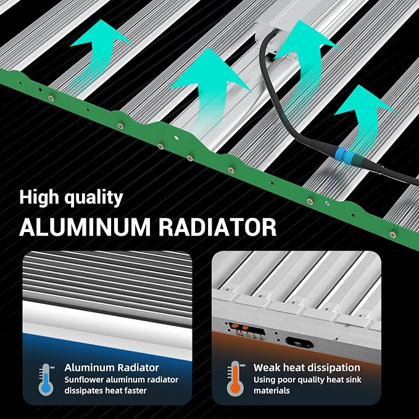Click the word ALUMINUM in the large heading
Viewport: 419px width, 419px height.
[85, 228]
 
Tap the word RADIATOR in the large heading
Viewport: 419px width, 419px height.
[217, 228]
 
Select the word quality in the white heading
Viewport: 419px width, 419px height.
[94, 198]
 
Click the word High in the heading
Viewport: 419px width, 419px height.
[39, 197]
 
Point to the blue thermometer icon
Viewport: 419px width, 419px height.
[46, 380]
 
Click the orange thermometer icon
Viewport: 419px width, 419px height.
[235, 379]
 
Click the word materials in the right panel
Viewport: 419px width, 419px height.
[272, 391]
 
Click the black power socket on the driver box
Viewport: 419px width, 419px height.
[299, 342]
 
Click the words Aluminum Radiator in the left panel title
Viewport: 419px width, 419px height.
[112, 368]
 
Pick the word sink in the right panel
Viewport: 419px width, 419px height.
[354, 380]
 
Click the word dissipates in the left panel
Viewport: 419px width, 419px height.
[84, 391]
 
